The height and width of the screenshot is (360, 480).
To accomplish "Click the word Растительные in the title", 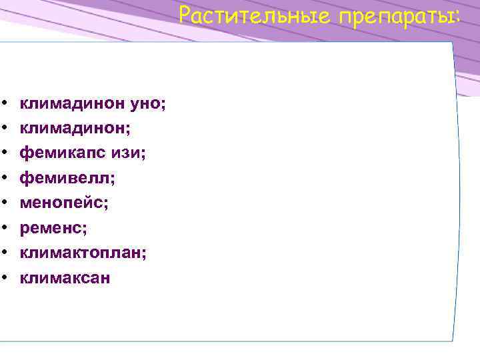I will [255, 15].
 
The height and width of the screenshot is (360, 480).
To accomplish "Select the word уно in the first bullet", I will [149, 103].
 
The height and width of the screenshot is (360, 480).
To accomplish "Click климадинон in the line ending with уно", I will [72, 103].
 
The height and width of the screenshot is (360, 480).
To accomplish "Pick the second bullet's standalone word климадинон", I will [72, 128].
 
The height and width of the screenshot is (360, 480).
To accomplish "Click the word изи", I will [129, 153].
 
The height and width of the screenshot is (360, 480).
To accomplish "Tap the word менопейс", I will [62, 203].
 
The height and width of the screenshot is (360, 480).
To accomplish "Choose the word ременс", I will [51, 228].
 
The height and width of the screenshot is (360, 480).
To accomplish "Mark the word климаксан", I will [65, 278].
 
